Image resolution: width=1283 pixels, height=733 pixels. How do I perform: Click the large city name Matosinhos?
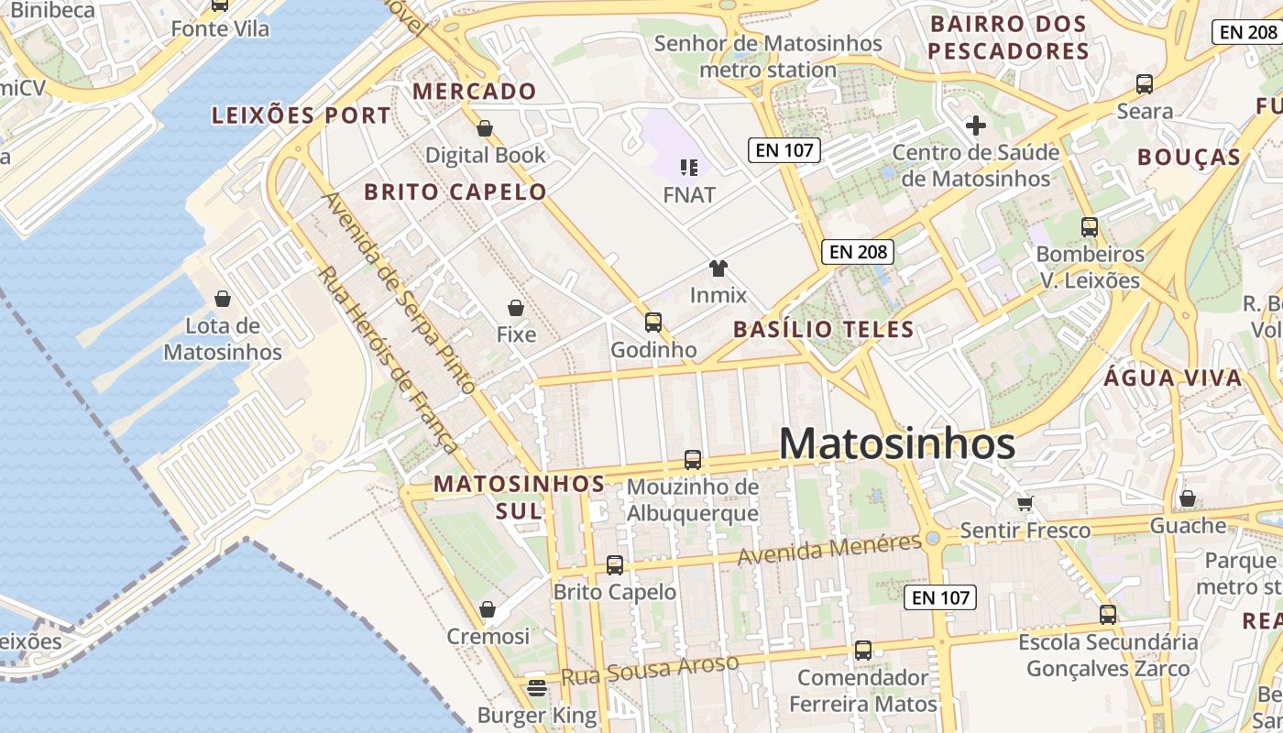click(x=896, y=444)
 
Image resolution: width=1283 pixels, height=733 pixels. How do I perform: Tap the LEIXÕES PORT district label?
click(x=302, y=116)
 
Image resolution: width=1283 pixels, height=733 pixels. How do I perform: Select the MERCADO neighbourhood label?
click(x=474, y=92)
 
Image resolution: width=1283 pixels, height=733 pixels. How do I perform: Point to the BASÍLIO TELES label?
click(x=824, y=330)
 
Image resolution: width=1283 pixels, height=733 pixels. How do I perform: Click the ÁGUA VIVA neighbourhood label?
click(x=1173, y=378)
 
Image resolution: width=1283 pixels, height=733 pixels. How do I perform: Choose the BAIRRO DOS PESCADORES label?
click(x=1008, y=38)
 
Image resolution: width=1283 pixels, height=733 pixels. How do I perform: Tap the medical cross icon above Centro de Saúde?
click(x=975, y=126)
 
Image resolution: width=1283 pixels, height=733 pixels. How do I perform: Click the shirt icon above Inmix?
click(x=718, y=268)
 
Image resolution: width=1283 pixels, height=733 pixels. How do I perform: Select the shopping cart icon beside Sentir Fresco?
click(x=1025, y=503)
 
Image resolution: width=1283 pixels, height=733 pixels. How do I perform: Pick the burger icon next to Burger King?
click(x=537, y=686)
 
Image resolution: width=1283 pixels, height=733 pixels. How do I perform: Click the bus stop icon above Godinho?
click(x=653, y=322)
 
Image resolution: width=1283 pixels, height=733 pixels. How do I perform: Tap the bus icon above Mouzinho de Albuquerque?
click(x=693, y=459)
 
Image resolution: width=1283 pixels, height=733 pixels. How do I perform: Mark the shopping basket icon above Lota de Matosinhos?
click(x=222, y=299)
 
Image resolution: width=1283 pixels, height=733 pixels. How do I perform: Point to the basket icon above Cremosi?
click(x=488, y=609)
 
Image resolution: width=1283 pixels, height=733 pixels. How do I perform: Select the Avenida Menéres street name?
click(x=829, y=549)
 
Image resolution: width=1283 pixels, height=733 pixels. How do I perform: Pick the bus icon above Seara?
click(x=1145, y=84)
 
